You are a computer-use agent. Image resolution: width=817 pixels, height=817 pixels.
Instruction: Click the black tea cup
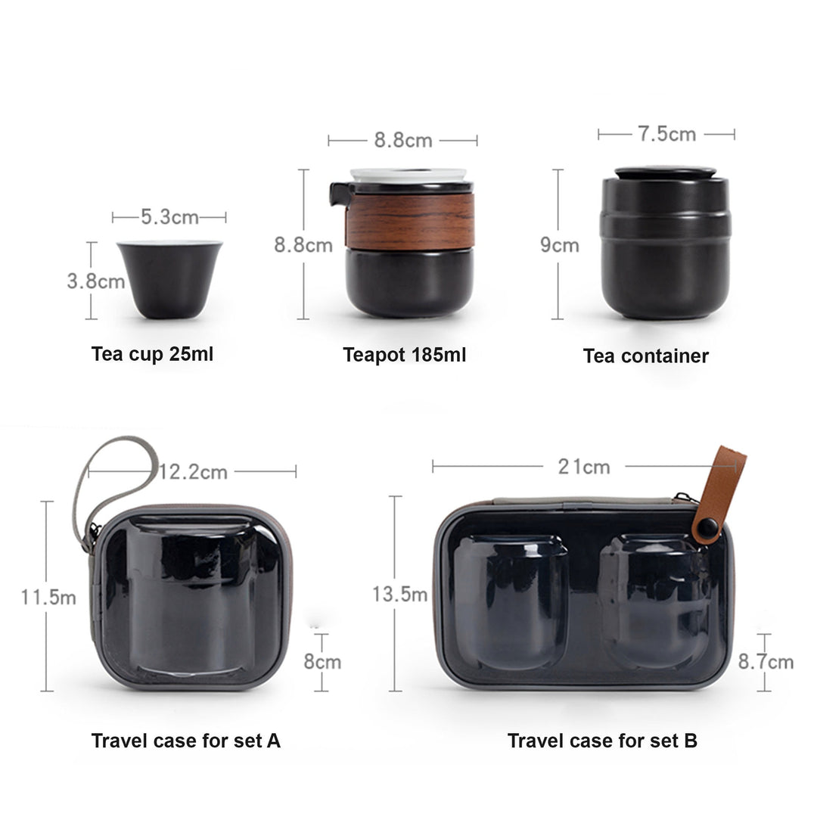pyautogui.click(x=170, y=279)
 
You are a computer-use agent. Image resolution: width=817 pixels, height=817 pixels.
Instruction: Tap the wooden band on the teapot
pyautogui.click(x=409, y=221)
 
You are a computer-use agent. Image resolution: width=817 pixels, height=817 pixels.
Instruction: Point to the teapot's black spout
pyautogui.click(x=340, y=194)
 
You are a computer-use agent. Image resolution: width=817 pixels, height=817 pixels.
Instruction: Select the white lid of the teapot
pyautogui.click(x=408, y=175)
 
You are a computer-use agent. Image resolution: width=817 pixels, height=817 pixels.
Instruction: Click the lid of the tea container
pyautogui.click(x=666, y=173)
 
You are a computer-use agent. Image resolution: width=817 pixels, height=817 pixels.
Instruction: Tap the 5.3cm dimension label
pyautogui.click(x=169, y=217)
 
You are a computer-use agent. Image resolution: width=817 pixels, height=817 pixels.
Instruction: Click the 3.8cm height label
pyautogui.click(x=96, y=281)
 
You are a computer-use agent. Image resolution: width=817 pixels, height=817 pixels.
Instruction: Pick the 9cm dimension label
pyautogui.click(x=560, y=245)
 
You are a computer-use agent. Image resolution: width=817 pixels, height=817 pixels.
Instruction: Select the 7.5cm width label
pyautogui.click(x=667, y=135)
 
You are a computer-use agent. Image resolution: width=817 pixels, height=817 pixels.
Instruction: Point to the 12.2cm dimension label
pyautogui.click(x=194, y=472)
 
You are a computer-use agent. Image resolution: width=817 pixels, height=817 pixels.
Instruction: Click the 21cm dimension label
pyautogui.click(x=584, y=467)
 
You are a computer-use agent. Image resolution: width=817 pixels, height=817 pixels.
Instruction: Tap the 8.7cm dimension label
pyautogui.click(x=766, y=662)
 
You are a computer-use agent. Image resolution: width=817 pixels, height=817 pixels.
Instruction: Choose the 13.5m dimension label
pyautogui.click(x=400, y=595)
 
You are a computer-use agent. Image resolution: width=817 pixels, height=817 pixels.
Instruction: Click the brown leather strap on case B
pyautogui.click(x=719, y=495)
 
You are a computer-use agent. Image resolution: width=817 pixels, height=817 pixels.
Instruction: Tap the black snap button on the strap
pyautogui.click(x=707, y=527)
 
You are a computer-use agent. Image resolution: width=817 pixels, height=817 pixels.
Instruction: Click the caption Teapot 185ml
pyautogui.click(x=404, y=355)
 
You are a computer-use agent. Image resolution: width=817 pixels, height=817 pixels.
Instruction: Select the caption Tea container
pyautogui.click(x=646, y=356)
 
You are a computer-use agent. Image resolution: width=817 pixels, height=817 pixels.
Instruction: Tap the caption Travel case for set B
pyautogui.click(x=602, y=741)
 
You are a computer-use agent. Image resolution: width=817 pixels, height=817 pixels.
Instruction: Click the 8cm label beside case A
pyautogui.click(x=322, y=662)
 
